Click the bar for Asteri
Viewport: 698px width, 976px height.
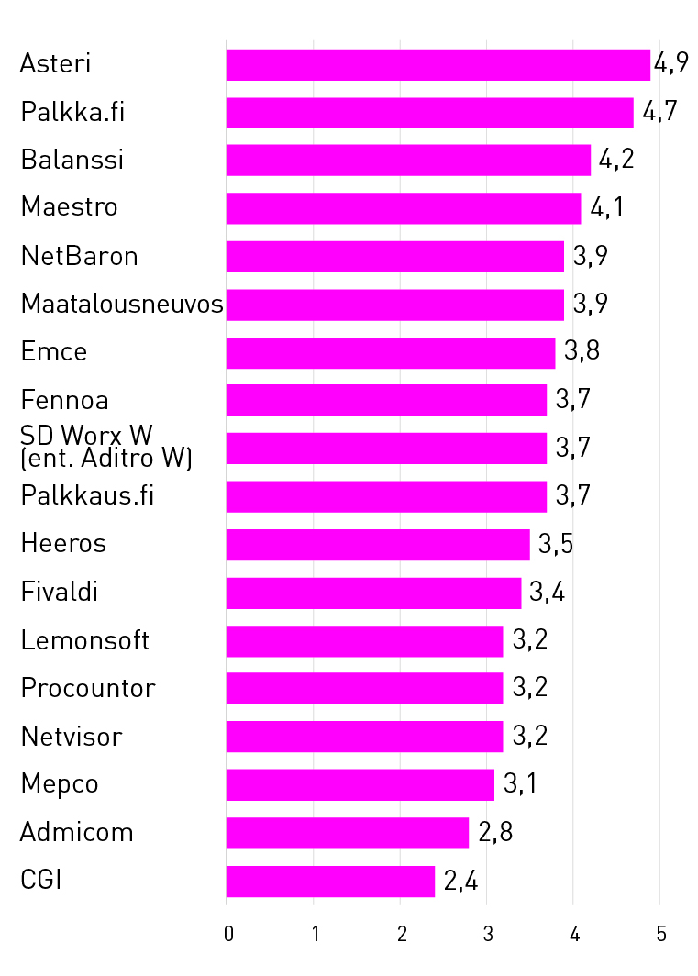(x=438, y=65)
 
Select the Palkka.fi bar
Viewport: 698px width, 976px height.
(x=429, y=113)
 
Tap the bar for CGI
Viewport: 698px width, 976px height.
(x=330, y=882)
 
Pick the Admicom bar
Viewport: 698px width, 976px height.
(x=348, y=833)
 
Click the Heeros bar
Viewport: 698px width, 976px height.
(x=378, y=545)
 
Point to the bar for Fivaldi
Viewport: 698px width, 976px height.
(x=373, y=593)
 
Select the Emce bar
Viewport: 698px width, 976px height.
(x=391, y=353)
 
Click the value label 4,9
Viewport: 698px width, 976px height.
(x=670, y=64)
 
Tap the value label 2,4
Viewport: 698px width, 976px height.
(x=460, y=882)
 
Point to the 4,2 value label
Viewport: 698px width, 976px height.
(x=616, y=161)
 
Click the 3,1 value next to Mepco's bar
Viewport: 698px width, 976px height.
(x=520, y=785)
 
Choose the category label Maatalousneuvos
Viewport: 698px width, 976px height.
(x=122, y=304)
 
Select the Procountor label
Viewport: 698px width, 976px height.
(x=88, y=688)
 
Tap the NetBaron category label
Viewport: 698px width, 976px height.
(x=80, y=256)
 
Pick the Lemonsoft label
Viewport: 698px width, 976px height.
(x=85, y=640)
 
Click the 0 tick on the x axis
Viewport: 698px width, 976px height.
(x=227, y=935)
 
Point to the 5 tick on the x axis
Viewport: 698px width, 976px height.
(x=660, y=935)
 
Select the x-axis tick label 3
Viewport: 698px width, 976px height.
(x=487, y=935)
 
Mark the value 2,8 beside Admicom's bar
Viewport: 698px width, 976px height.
(x=494, y=834)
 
